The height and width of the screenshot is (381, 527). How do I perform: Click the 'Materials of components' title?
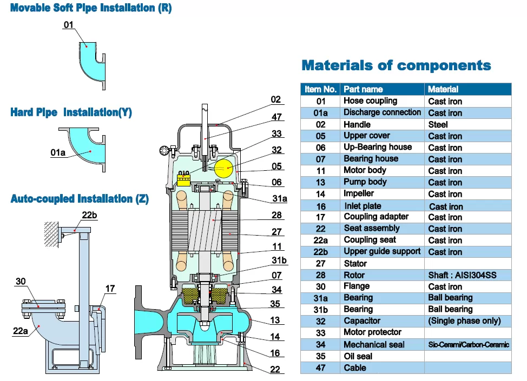coord(396,66)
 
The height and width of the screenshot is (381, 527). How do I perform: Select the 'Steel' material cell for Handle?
coord(438,124)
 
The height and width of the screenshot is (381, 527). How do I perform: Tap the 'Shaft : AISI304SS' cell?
coord(462,275)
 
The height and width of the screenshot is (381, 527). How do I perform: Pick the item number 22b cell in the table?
coord(320,252)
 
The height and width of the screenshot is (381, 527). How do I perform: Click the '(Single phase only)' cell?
coord(464,320)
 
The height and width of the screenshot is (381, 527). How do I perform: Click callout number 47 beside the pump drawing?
coord(276,117)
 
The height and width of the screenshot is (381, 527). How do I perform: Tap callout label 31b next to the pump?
coord(279,260)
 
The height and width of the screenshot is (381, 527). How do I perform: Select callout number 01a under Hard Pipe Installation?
coord(58,153)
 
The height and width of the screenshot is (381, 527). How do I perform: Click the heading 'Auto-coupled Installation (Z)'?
coord(80,199)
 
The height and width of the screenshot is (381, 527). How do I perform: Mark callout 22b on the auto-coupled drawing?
coord(89,215)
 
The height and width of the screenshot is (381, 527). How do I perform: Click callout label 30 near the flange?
coord(21,281)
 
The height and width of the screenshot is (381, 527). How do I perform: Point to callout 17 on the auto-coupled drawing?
coord(110,289)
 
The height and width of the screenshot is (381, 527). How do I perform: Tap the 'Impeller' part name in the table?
coord(358,193)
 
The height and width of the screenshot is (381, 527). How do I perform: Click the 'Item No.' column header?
coord(320,89)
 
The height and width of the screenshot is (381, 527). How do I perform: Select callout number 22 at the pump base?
coord(275,370)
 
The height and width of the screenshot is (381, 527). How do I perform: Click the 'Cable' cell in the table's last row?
coord(355,367)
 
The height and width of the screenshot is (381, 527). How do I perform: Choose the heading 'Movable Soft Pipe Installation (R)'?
coord(91,8)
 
